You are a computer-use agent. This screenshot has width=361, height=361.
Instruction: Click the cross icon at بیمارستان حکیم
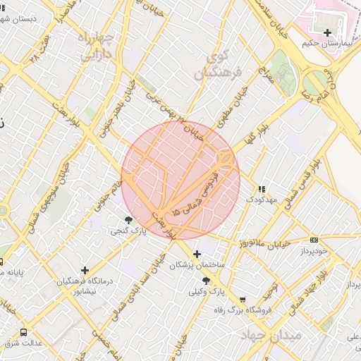click(x=326, y=32)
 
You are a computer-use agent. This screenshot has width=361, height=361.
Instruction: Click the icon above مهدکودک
click(x=262, y=189)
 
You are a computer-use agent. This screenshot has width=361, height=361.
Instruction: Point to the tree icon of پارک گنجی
click(x=128, y=221)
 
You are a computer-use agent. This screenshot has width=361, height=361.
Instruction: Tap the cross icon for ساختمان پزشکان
click(x=197, y=253)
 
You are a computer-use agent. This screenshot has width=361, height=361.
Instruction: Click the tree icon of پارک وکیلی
click(x=206, y=280)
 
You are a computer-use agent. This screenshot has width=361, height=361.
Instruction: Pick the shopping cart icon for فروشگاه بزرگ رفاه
click(x=243, y=299)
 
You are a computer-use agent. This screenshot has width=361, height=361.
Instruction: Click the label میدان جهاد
click(x=271, y=333)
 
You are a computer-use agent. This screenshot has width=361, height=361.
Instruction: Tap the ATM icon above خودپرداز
click(x=314, y=240)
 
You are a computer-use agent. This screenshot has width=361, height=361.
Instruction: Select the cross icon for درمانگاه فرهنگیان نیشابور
click(x=85, y=270)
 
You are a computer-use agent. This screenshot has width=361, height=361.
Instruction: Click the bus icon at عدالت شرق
click(x=24, y=331)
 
